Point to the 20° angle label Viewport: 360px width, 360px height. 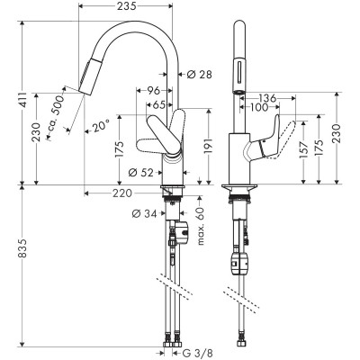tap(98, 127)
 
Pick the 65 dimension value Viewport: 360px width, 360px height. tap(158, 104)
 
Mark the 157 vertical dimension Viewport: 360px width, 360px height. tap(302, 146)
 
